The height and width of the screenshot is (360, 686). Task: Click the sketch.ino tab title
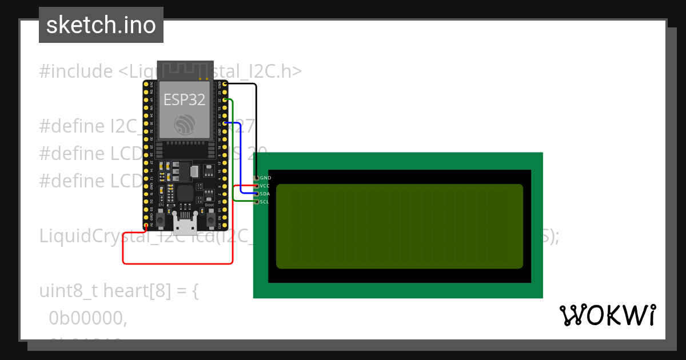(x=101, y=25)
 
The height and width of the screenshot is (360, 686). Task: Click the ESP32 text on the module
(x=184, y=99)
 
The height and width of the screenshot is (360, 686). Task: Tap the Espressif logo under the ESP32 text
(x=185, y=125)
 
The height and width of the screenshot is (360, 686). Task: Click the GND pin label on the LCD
(x=265, y=178)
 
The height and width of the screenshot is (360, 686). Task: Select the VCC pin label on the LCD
(x=265, y=186)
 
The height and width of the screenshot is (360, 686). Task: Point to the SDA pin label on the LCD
(x=265, y=194)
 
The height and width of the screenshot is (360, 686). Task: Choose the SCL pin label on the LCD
(x=264, y=202)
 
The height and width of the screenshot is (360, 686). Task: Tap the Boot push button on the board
(x=210, y=219)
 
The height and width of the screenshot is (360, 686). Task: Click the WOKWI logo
(x=608, y=315)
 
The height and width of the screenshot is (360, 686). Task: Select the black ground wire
(x=256, y=131)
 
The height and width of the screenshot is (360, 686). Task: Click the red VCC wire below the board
(x=177, y=263)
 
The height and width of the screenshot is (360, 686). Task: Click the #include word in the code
(x=76, y=71)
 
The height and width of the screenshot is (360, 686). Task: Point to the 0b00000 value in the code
(x=87, y=318)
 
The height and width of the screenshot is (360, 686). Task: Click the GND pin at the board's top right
(x=225, y=84)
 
